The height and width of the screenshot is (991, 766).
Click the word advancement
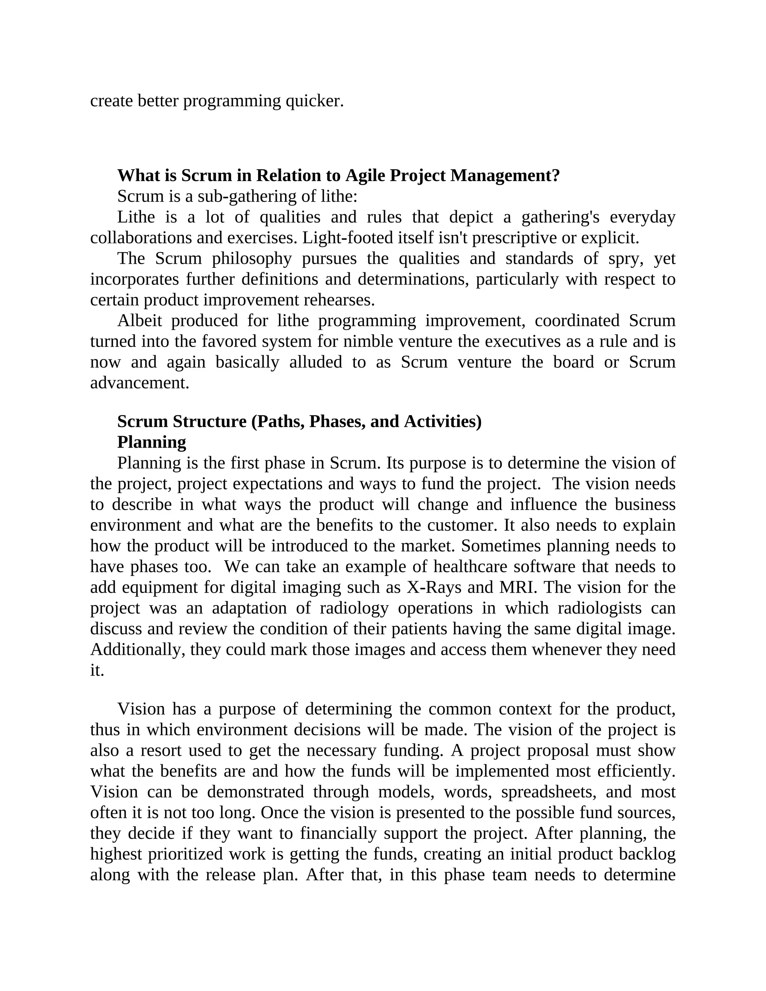click(139, 383)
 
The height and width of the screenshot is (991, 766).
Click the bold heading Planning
click(151, 442)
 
